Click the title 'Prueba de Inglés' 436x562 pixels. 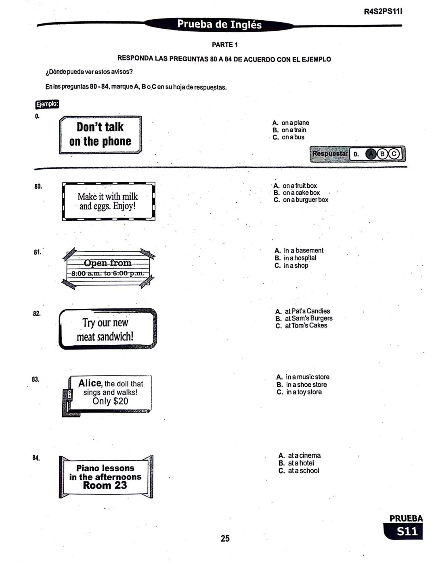219,25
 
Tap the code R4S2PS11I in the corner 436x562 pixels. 383,12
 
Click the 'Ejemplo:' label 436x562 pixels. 47,104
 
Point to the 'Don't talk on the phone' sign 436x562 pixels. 100,134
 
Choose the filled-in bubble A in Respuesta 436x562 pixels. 371,154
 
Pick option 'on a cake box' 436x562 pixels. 301,193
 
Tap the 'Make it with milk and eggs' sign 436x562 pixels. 108,201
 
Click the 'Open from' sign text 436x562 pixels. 107,263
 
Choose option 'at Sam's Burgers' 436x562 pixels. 308,319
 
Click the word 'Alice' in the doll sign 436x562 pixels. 90,383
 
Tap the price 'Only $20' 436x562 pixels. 110,401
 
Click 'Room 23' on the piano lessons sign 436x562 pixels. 105,486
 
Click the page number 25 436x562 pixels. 225,538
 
